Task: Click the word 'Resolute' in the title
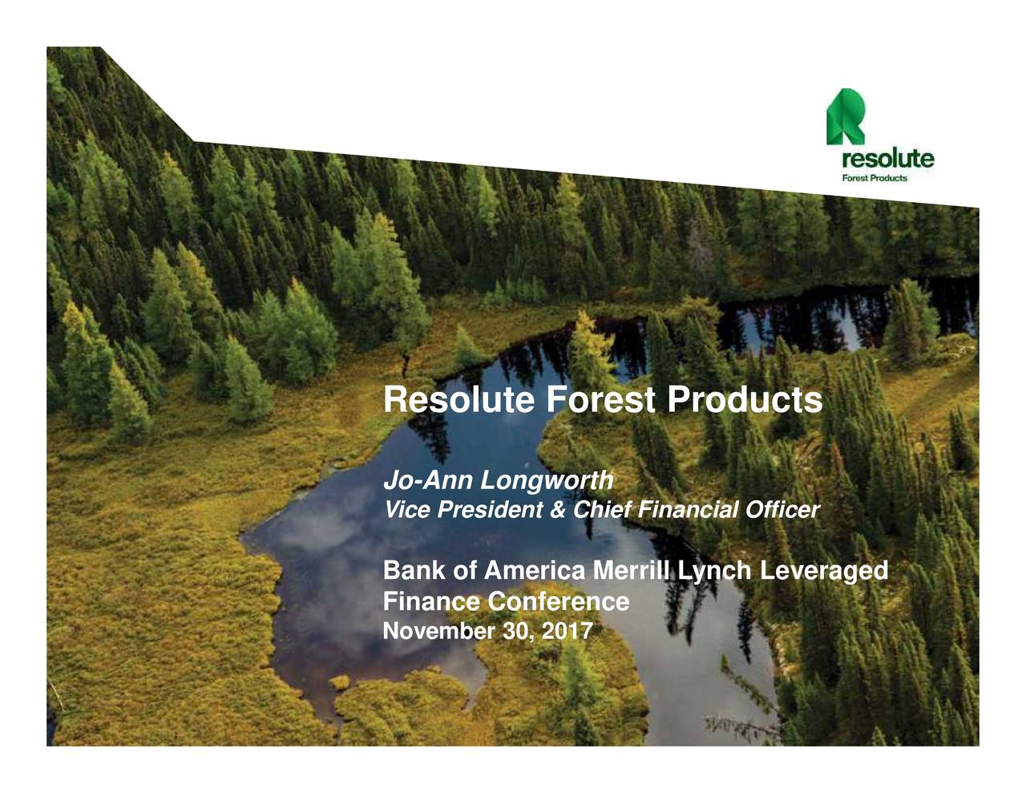pos(459,400)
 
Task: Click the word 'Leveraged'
pos(825,572)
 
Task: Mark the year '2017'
pos(567,632)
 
